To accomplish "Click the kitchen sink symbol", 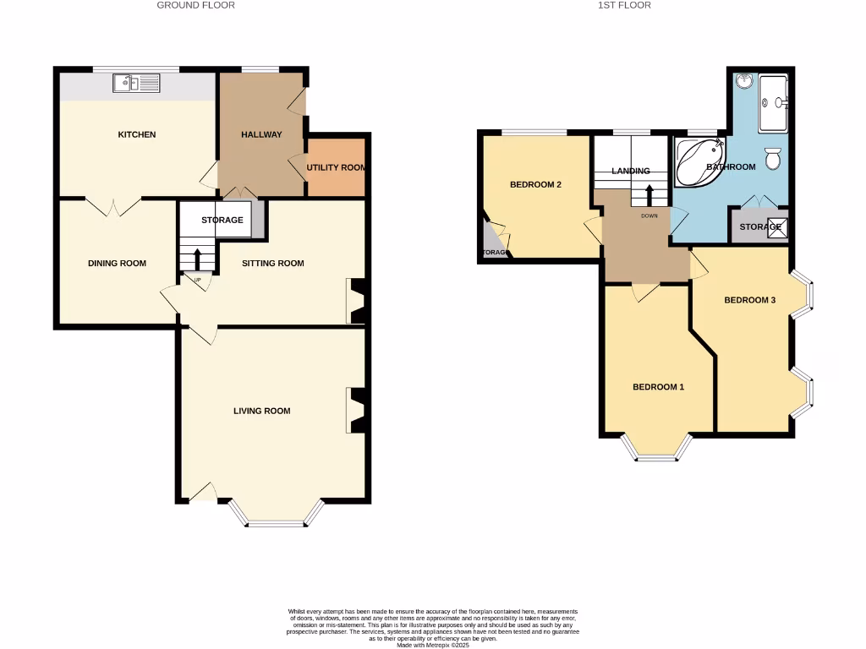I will click(136, 83).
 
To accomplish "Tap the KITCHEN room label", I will click(136, 134).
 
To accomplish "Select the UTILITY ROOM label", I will click(337, 167).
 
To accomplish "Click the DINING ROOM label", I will click(117, 263).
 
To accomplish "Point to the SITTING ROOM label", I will click(272, 263).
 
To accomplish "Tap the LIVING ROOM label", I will click(261, 411).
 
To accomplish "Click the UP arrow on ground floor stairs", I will click(198, 259).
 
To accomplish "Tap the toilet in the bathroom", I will click(772, 158).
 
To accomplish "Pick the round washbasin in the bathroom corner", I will click(744, 82).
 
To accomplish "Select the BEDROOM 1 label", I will click(658, 387).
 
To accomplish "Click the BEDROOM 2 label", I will click(535, 184).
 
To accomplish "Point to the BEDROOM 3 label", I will click(749, 300).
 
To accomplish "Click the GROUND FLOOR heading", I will click(195, 5).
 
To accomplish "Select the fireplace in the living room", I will click(356, 411).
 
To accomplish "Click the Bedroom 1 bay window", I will click(656, 453).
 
